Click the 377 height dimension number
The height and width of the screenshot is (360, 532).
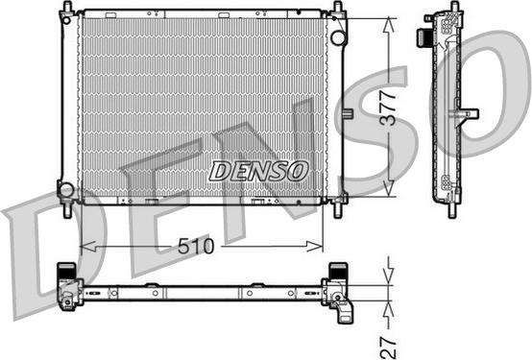388,108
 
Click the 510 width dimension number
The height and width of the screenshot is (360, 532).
196,246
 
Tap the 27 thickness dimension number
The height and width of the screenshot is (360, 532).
389,348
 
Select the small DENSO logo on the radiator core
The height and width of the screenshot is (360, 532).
258,171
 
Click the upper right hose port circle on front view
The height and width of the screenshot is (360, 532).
338,37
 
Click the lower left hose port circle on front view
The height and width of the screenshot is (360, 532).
66,189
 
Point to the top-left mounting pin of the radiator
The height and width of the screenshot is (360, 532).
68,7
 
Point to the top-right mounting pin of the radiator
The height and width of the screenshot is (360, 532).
338,7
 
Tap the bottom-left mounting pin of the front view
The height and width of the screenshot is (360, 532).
67,210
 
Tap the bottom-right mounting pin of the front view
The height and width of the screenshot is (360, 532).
338,210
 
